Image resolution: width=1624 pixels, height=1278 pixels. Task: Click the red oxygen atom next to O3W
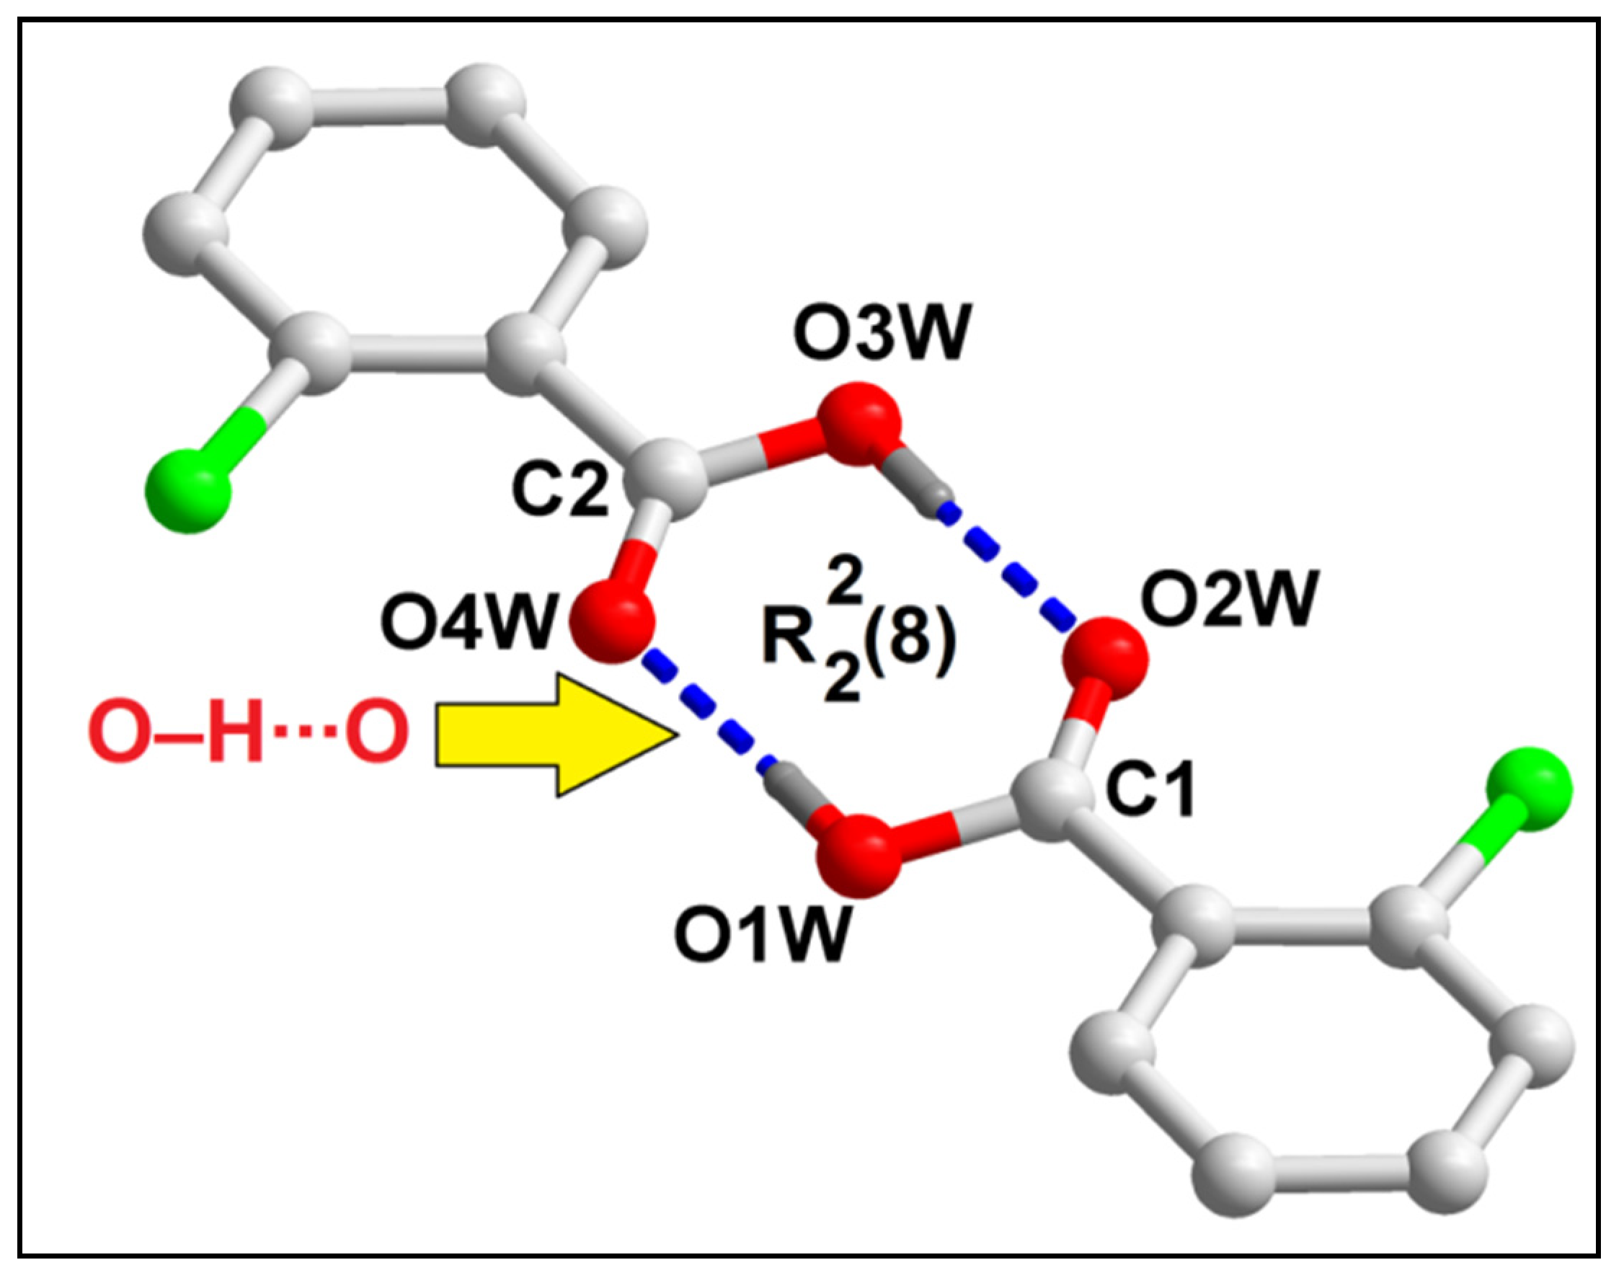(x=857, y=424)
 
